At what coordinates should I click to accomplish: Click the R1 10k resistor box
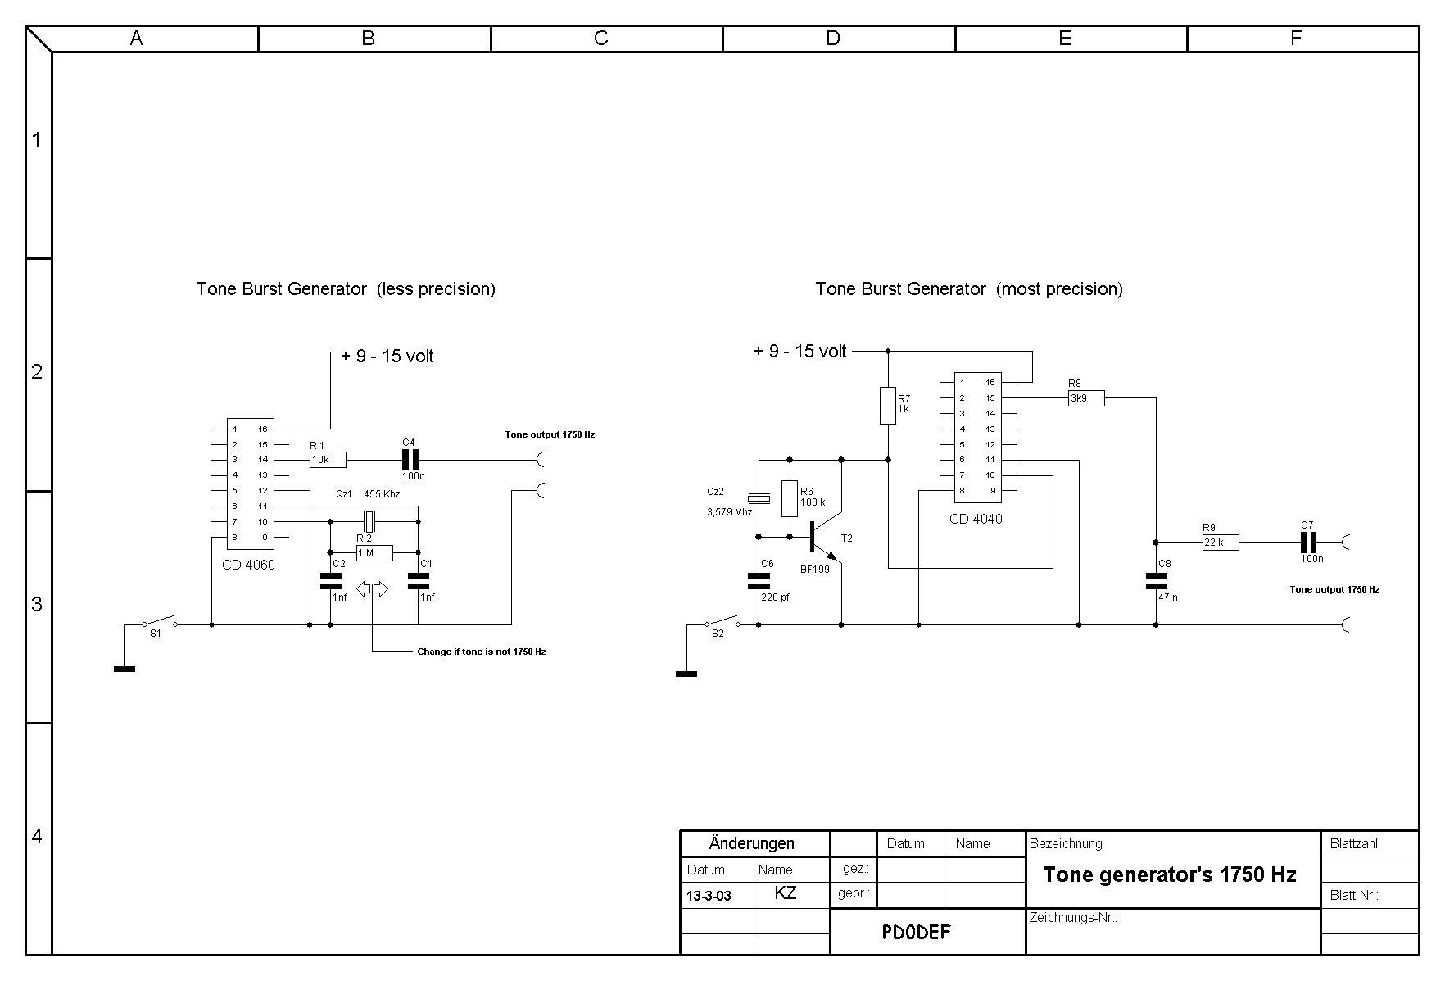click(x=328, y=460)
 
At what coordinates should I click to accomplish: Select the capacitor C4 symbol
click(x=410, y=460)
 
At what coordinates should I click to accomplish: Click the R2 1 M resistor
click(x=374, y=553)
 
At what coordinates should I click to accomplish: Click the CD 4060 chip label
click(x=248, y=565)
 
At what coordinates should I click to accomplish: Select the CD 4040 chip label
click(x=975, y=519)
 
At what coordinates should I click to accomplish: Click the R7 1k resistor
click(x=887, y=406)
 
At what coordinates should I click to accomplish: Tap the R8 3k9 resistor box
click(x=1086, y=398)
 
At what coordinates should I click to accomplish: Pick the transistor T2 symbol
click(x=822, y=537)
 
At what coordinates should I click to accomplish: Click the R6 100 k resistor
click(x=789, y=498)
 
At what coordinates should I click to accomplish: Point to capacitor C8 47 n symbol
click(x=1156, y=580)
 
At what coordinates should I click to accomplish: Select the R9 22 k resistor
click(x=1221, y=542)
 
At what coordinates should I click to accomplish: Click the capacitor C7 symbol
click(x=1308, y=542)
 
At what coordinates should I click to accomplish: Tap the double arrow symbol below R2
click(x=373, y=589)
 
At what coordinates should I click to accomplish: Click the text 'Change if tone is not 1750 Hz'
click(x=481, y=652)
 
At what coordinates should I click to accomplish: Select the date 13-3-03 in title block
click(x=709, y=896)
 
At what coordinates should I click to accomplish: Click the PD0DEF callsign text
click(x=916, y=932)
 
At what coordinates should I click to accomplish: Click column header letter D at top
click(x=832, y=39)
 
